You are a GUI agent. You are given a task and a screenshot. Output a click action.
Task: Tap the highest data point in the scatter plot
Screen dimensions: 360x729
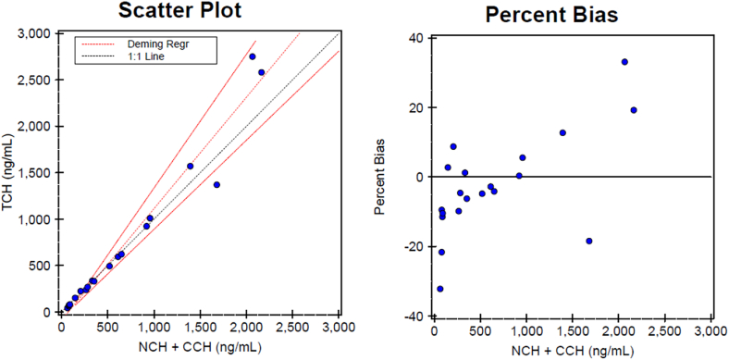coord(252,56)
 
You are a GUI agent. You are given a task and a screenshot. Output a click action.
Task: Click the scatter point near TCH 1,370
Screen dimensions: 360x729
coord(216,184)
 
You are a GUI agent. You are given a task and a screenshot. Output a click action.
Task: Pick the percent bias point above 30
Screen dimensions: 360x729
coord(624,62)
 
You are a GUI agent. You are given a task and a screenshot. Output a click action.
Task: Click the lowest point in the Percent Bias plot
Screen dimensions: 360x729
coord(439,289)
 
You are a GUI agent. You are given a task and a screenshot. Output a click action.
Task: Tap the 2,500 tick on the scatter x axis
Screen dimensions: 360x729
coord(292,328)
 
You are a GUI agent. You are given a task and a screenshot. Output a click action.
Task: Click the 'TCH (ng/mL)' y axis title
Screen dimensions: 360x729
coord(9,173)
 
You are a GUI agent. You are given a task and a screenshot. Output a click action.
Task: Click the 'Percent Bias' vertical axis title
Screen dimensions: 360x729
coord(380,177)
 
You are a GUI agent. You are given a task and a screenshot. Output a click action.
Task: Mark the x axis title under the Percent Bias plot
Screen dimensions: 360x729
coord(573,352)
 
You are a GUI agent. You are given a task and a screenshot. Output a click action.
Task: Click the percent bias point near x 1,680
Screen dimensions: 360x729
coord(588,241)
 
